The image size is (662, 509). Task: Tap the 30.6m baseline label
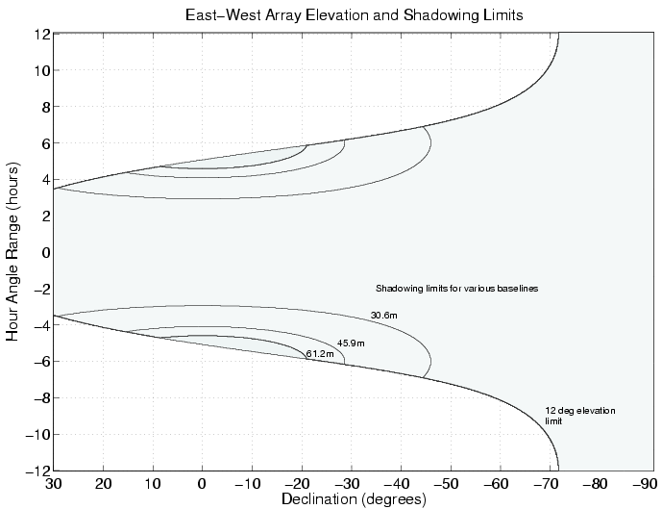pos(384,315)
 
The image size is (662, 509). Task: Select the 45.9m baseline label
pos(351,344)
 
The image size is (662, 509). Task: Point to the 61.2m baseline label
pos(320,354)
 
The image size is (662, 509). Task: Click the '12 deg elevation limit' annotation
pos(579,416)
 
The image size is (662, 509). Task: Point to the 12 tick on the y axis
pos(41,35)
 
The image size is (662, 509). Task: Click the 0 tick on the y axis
pos(44,253)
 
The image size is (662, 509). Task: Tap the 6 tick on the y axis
pos(44,143)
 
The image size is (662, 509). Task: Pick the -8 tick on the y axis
pos(38,397)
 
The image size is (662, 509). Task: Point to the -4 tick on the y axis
pos(38,325)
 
